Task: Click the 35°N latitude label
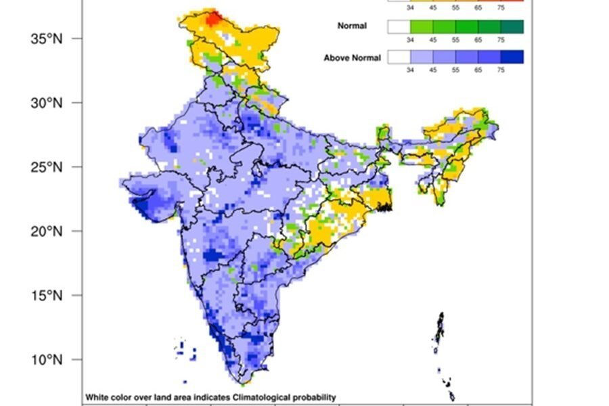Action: click(x=46, y=39)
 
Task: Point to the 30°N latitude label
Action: click(x=46, y=103)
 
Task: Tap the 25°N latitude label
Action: click(x=46, y=167)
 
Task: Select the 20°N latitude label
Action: click(x=46, y=231)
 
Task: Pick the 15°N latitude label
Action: click(x=46, y=296)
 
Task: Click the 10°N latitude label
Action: click(x=46, y=359)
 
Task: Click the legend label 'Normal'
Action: click(x=352, y=26)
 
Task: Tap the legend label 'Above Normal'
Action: click(x=352, y=58)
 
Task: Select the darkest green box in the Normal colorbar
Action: click(x=512, y=26)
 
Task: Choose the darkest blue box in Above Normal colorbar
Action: click(x=512, y=58)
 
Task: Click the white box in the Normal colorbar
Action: click(x=399, y=26)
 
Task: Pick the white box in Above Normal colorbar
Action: click(x=399, y=58)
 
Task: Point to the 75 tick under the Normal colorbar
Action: click(x=501, y=40)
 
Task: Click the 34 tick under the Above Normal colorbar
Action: click(x=410, y=70)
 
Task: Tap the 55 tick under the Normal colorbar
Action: click(x=455, y=40)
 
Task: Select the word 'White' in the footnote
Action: click(x=95, y=397)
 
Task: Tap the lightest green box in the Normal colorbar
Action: click(x=422, y=26)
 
